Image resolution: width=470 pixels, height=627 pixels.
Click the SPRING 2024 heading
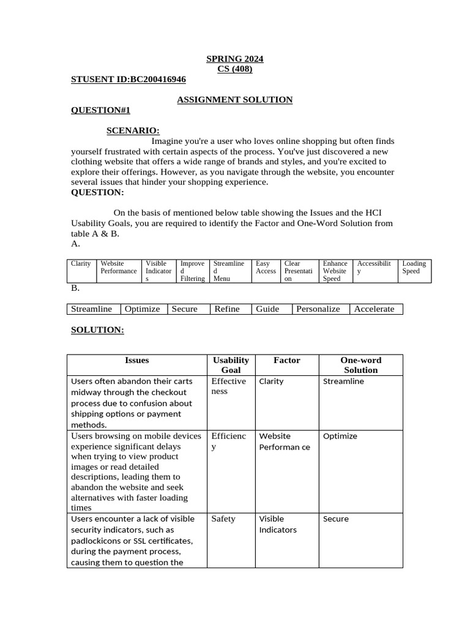coord(234,59)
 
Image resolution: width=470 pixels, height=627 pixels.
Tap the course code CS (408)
coord(234,69)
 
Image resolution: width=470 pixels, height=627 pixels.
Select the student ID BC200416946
coord(129,80)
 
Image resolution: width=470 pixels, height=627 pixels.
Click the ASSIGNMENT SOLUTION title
coord(234,100)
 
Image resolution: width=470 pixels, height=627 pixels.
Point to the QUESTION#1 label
coord(100,110)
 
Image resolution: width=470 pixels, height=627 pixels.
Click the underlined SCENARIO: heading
coord(133,130)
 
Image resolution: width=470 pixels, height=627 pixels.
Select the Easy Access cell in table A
coord(266,268)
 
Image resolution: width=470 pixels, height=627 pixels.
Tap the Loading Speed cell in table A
coord(414,268)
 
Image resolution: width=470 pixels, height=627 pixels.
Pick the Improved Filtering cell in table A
coord(192,271)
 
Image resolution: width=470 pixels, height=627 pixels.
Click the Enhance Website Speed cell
coord(335,271)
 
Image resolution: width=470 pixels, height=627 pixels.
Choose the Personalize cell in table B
coord(318,309)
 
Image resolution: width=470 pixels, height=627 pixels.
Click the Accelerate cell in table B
coord(374,309)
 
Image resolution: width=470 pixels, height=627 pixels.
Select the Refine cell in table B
coord(227,309)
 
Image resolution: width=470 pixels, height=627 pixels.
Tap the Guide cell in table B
coord(267,309)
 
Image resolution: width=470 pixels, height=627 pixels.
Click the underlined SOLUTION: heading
coord(97,330)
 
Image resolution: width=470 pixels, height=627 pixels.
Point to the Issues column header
coord(136,361)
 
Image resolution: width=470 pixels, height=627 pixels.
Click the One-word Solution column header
coord(360,365)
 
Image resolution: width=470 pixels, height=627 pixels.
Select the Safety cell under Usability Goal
coord(223,519)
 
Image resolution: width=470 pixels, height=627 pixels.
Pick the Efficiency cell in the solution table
coord(228,441)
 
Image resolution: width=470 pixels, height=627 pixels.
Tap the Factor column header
coord(286,361)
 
